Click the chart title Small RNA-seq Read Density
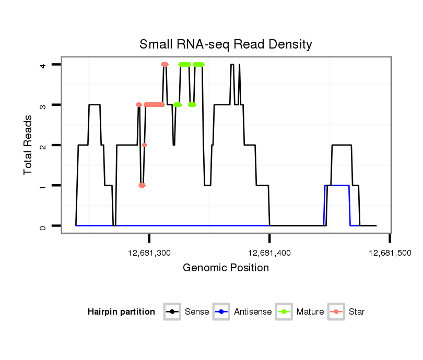(x=226, y=44)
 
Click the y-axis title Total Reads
(x=29, y=145)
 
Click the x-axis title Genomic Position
(x=226, y=268)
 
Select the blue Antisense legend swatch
(x=221, y=312)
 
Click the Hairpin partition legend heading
(x=121, y=312)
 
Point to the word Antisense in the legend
(x=253, y=312)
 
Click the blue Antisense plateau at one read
(x=337, y=185)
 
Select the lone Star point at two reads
(x=144, y=145)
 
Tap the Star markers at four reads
(x=165, y=64)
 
